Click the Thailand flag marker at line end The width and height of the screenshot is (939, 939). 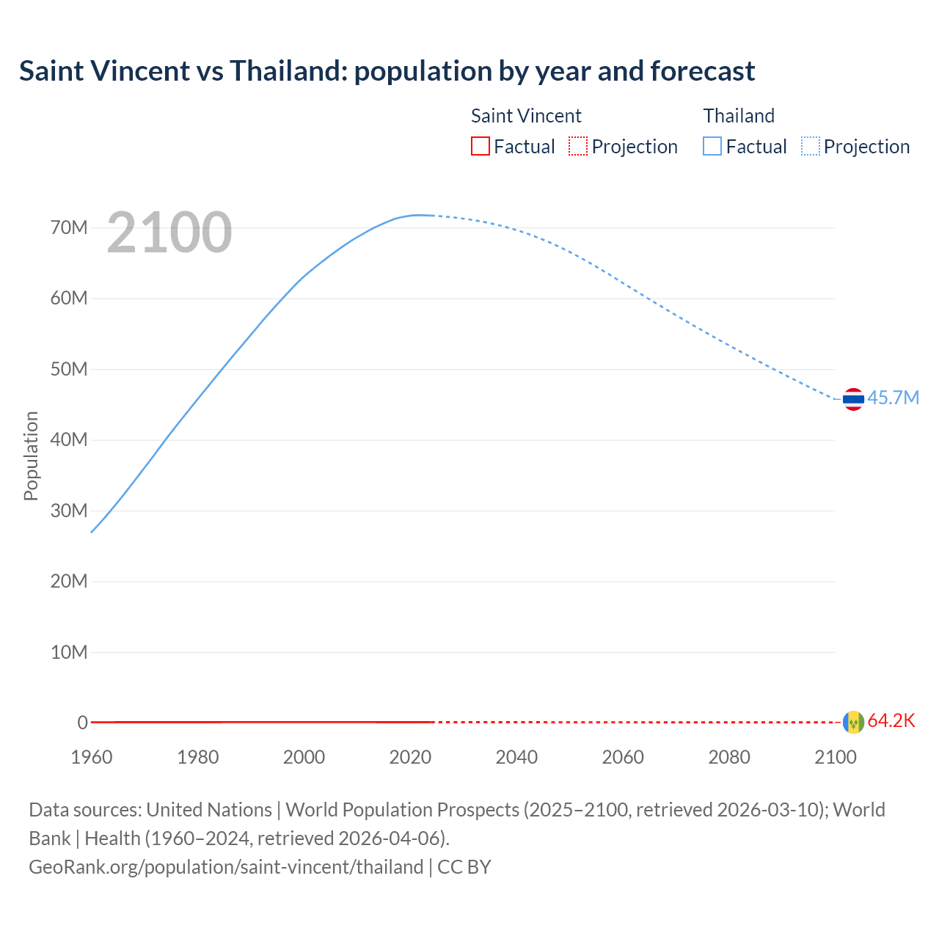853,399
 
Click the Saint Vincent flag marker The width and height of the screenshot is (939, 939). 853,723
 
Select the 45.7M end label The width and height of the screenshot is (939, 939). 893,398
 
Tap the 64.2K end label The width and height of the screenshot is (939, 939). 891,721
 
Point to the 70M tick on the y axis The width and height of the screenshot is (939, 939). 69,227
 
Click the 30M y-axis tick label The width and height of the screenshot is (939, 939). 69,511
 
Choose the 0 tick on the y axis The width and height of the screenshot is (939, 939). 82,723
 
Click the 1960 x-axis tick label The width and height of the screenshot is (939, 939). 92,757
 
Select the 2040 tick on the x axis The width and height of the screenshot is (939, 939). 516,757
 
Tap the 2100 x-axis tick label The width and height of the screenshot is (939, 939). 835,757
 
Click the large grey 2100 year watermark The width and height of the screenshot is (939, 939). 169,233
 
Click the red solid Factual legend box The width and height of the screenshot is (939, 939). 481,147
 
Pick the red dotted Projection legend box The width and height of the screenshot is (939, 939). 578,147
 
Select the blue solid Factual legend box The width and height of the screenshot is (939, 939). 712,147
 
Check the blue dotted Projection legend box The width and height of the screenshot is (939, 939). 811,147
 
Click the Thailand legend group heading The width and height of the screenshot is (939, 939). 739,116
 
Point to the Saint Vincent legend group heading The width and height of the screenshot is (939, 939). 526,116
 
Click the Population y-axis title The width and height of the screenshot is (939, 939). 31,456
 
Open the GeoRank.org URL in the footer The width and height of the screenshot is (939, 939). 226,867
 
